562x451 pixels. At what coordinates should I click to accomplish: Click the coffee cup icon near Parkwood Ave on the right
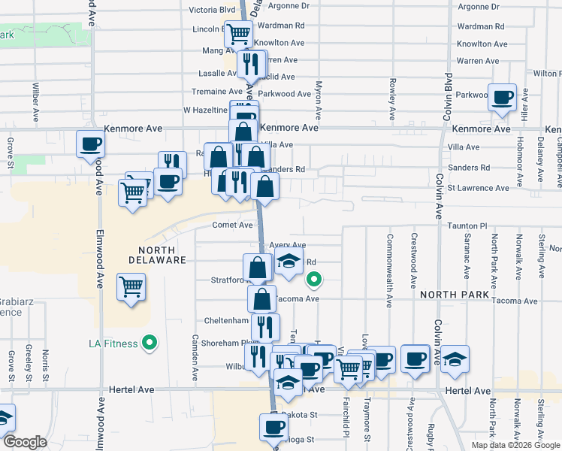[502, 98]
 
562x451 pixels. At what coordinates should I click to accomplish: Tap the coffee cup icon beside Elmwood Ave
[90, 144]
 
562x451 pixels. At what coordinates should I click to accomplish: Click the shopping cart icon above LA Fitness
[131, 287]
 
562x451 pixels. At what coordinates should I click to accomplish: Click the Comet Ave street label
[233, 225]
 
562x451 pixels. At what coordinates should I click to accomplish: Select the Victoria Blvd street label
[212, 10]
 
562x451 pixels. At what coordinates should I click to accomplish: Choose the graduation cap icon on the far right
[455, 359]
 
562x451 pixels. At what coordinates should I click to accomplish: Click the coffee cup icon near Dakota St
[273, 427]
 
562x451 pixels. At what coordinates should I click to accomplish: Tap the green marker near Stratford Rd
[315, 281]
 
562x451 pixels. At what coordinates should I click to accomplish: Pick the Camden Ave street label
[194, 356]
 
